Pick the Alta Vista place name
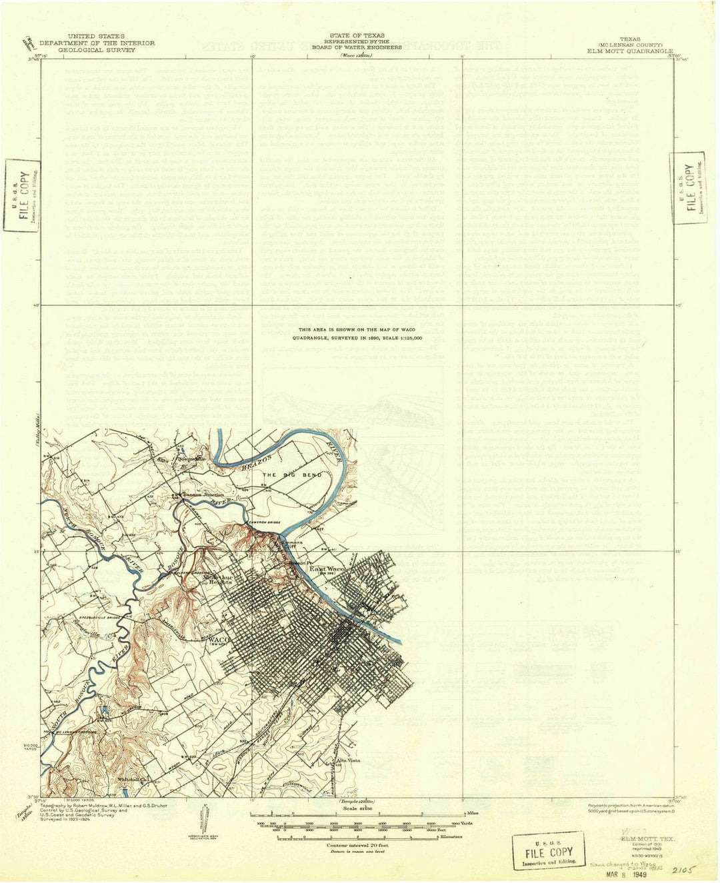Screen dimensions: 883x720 pyautogui.click(x=349, y=760)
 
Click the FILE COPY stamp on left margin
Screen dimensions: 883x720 pyautogui.click(x=23, y=195)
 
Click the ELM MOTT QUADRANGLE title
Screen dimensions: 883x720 pyautogui.click(x=630, y=51)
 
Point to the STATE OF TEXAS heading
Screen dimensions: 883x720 pyautogui.click(x=356, y=35)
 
